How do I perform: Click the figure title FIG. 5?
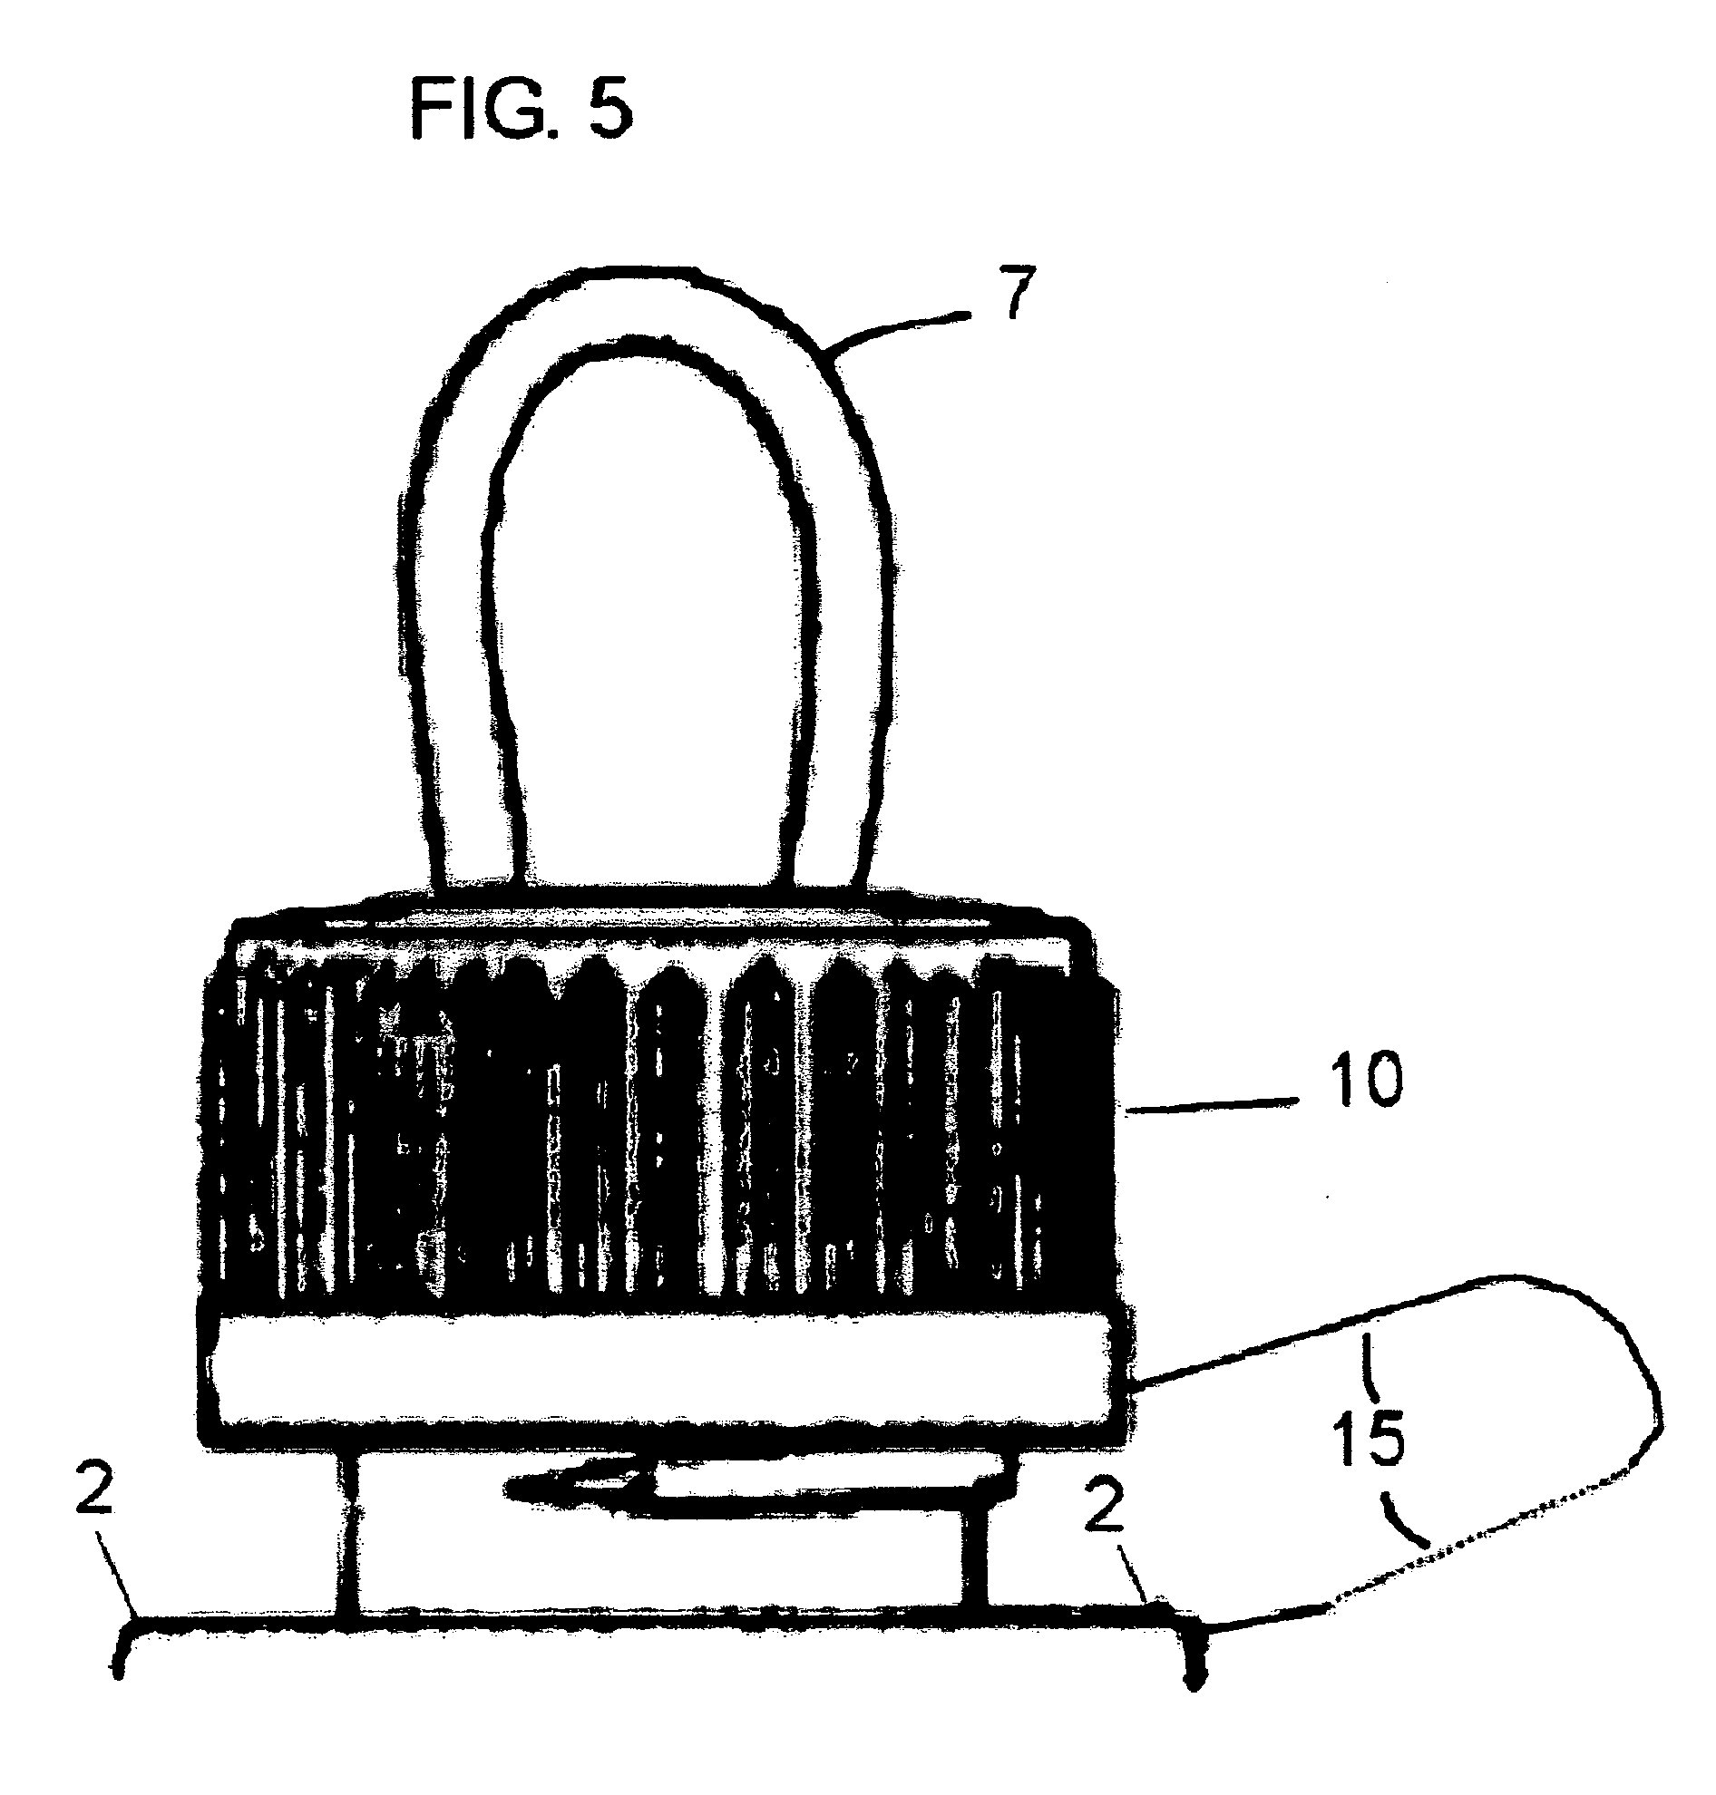[x=522, y=108]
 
